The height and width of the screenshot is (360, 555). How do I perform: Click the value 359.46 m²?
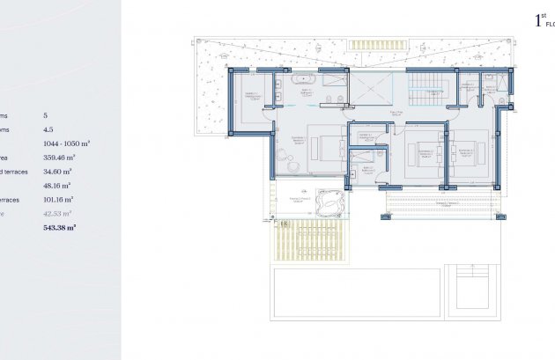58,157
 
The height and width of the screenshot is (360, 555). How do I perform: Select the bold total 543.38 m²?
60,227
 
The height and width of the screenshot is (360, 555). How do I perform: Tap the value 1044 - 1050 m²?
67,143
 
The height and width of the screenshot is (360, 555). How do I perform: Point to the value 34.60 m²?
57,171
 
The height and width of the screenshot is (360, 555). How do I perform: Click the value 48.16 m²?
57,185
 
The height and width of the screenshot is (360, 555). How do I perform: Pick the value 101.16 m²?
59,199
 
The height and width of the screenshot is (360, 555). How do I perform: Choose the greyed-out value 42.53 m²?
57,213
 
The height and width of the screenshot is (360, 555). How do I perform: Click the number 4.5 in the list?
48,129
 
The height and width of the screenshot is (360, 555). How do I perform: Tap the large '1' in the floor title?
539,20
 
